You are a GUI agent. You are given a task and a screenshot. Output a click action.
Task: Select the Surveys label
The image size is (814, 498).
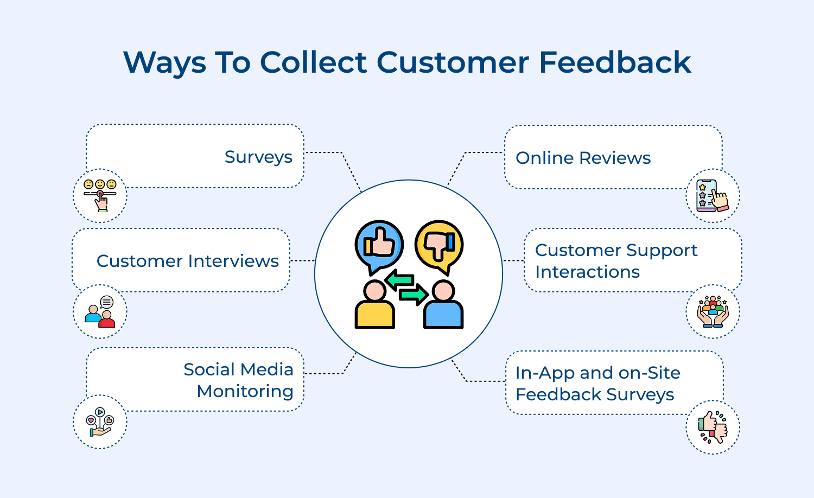point(258,157)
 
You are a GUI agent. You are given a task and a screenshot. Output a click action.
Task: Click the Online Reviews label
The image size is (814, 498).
point(583,158)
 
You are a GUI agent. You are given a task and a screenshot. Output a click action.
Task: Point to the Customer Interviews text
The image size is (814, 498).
point(187,261)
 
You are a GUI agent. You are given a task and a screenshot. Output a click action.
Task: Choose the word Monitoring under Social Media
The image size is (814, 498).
point(245,391)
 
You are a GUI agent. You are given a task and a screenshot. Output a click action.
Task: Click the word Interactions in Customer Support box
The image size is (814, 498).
point(587,272)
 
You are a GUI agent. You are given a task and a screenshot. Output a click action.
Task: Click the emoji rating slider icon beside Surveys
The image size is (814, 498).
point(100,195)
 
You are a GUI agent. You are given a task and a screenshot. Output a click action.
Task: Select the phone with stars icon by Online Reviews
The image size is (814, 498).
point(713,195)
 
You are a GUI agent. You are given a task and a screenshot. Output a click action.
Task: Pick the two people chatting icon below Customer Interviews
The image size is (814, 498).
point(100,312)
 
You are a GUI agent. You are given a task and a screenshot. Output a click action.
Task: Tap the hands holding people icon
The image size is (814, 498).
point(713,311)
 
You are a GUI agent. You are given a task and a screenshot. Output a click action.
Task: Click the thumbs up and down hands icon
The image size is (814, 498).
point(713,427)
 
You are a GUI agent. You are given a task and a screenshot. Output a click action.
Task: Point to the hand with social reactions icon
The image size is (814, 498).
point(100,422)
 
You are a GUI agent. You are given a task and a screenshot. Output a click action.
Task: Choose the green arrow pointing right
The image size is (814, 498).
point(414,295)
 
